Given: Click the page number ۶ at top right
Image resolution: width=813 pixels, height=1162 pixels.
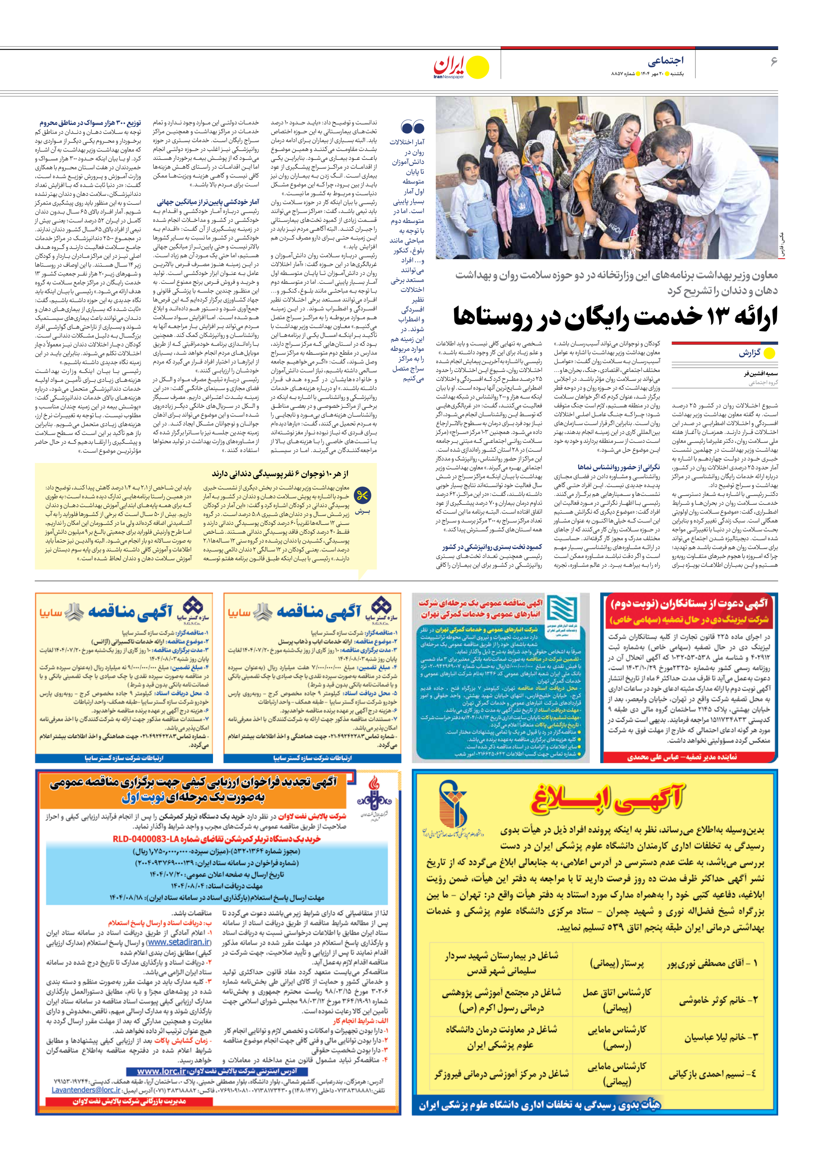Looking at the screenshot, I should pos(773,62).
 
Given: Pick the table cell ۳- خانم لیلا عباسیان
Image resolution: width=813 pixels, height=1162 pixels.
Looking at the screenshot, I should pos(721,1037).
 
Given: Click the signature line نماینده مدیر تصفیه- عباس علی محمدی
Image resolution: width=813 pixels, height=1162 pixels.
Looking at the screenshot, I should pos(682,757).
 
